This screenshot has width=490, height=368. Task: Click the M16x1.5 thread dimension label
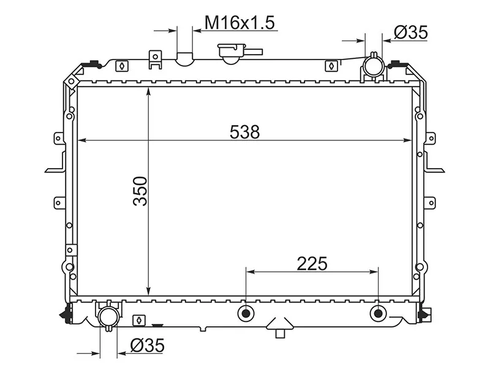(239, 23)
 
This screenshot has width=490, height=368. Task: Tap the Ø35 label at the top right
(410, 33)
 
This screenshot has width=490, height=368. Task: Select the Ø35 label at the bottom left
(147, 345)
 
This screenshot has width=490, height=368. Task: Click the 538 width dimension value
(244, 132)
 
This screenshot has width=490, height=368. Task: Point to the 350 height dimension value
(140, 191)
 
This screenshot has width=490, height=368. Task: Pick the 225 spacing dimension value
(312, 264)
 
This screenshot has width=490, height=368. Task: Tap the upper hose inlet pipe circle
(373, 66)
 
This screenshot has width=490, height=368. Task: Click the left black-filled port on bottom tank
(246, 313)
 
